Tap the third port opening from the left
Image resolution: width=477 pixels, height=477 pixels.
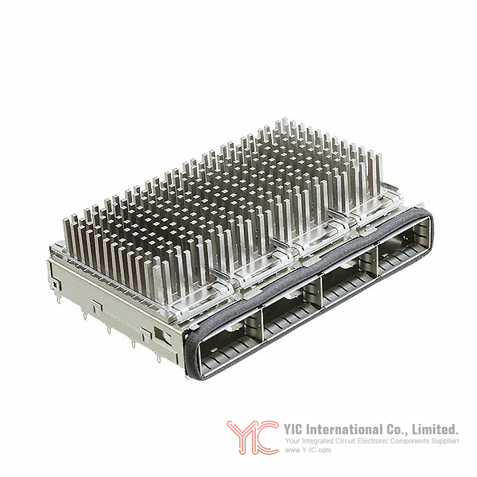[351, 281]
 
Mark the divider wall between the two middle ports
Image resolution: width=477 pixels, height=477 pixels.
[322, 293]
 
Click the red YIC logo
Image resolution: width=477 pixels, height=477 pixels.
[253, 437]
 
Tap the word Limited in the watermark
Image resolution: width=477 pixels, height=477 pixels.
[435, 429]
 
